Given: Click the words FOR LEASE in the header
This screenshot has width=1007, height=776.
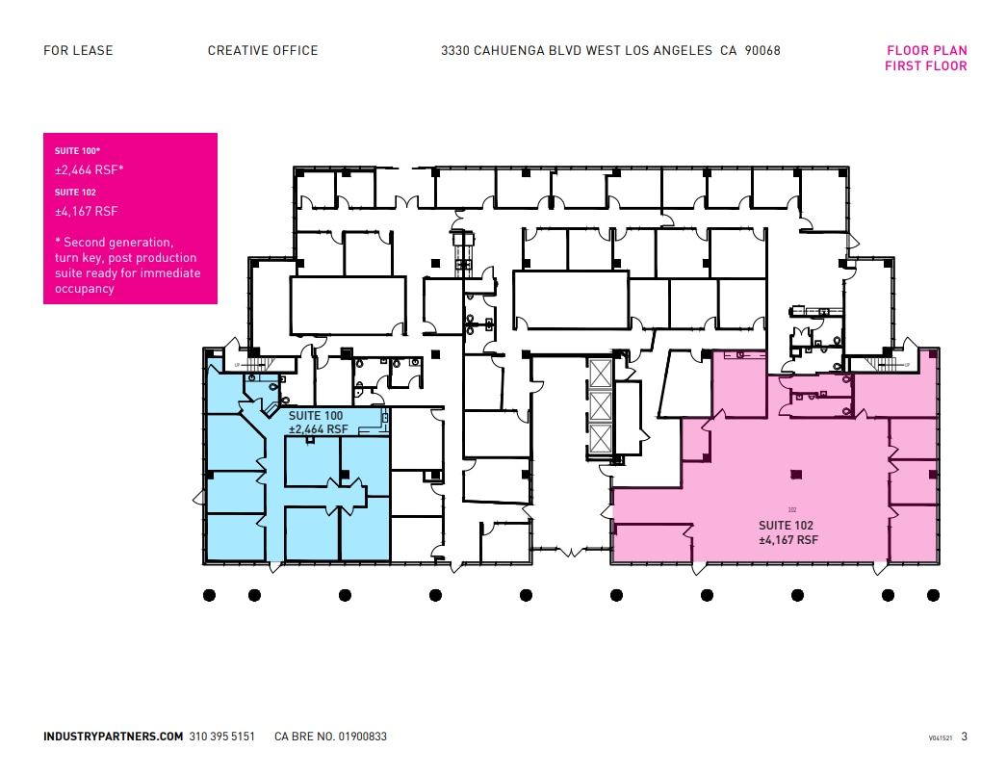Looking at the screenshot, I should pos(78,51).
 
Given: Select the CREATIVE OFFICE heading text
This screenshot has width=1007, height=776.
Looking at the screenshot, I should pos(263,51).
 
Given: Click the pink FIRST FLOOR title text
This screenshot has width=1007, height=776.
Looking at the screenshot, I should pos(925,66).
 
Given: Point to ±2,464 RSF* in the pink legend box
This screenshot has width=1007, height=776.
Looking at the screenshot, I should pos(90,170).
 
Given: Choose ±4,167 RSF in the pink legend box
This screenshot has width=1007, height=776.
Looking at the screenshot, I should pos(87,211).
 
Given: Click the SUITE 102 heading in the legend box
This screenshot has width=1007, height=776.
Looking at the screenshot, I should pos(75,193).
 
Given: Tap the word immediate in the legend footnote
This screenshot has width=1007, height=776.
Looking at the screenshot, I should pos(170,273).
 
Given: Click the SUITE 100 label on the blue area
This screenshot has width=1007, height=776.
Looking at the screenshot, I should pos(316,416).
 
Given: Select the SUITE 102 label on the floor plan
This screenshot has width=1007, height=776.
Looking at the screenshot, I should pos(786,526).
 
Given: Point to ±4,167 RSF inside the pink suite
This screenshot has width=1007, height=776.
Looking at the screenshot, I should pos(788,540).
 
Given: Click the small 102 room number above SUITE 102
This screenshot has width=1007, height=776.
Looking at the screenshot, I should pos(792,509).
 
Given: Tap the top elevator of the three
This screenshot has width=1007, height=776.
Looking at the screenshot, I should pos(600,374).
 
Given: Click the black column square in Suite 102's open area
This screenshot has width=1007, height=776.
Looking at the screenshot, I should pos(794,474).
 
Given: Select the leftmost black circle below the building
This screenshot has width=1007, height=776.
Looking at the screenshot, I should pos(209,595).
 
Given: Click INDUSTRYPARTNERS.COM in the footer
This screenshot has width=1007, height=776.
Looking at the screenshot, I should pos(113,737).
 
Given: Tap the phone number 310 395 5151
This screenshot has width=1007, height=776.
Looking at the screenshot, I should pos(222,737).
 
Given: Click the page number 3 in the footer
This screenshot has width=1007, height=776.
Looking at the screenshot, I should pos(964,737).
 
